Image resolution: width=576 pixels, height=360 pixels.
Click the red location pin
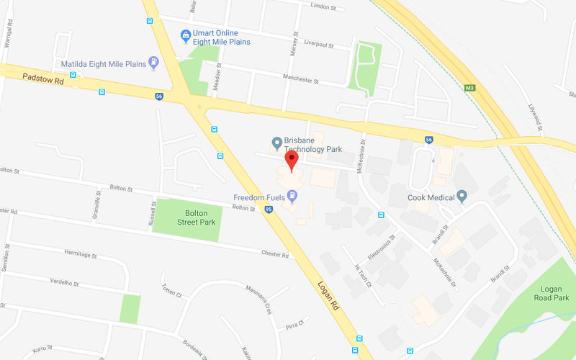click(x=291, y=160)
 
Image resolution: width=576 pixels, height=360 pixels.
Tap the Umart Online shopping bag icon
click(x=186, y=34)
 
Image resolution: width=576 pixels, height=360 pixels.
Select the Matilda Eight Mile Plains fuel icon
click(x=153, y=63)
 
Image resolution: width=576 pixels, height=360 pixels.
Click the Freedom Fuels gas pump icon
click(x=292, y=196)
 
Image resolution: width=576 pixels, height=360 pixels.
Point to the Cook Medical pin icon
click(x=462, y=197)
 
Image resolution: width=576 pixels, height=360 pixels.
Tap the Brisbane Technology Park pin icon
click(x=275, y=143)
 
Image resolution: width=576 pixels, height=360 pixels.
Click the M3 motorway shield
click(x=470, y=88)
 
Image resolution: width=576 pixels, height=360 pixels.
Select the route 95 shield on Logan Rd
click(x=269, y=210)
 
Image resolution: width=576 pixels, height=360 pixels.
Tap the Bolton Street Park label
click(x=197, y=217)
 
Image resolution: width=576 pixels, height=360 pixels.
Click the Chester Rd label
click(x=274, y=255)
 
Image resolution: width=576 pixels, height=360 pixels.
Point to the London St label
click(x=323, y=6)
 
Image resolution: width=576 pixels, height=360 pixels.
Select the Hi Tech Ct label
click(x=361, y=274)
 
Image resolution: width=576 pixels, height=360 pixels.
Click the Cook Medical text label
click(x=431, y=197)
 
